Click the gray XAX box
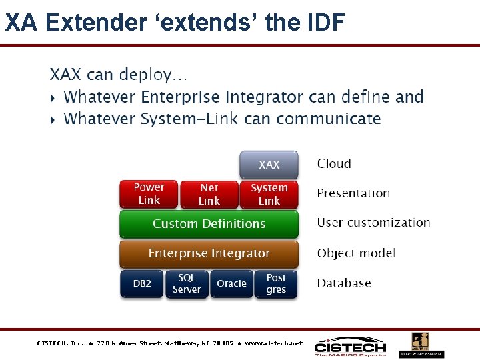[269, 165]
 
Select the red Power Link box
[149, 194]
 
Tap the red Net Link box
[209, 194]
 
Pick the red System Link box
[269, 194]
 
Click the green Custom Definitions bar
[209, 224]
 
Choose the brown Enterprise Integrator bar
[209, 253]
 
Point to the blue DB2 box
[142, 283]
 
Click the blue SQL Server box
[187, 283]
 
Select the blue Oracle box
[231, 283]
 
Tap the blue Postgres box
[276, 283]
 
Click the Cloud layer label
[334, 164]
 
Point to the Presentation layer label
[353, 193]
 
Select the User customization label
[373, 223]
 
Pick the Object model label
[356, 253]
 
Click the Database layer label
[344, 283]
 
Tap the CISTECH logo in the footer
[351, 347]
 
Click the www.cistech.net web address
[273, 343]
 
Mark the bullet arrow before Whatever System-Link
[53, 120]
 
